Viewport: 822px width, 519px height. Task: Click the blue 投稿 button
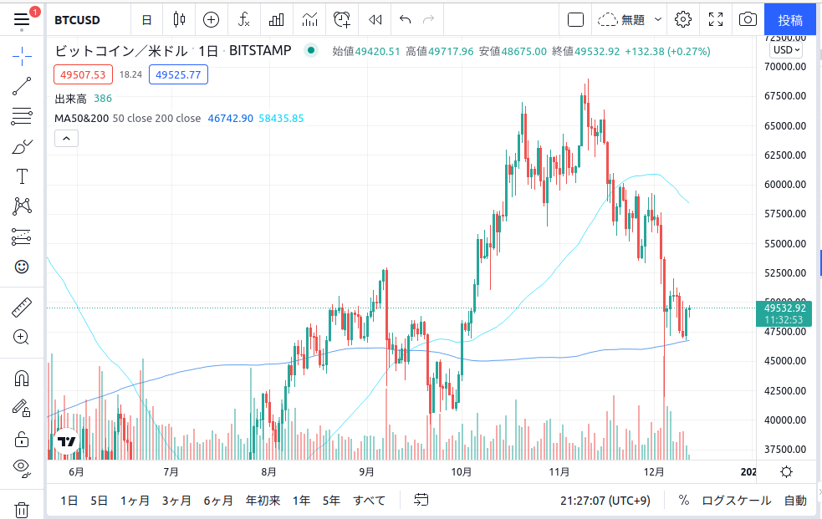790,19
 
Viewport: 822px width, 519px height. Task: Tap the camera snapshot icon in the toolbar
748,19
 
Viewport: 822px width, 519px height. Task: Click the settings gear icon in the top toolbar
683,19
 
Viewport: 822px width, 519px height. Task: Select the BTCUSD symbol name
78,19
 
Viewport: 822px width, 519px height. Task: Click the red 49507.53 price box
82,74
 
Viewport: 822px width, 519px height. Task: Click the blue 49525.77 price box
178,74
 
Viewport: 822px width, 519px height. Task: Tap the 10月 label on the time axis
462,471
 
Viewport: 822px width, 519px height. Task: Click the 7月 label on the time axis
171,471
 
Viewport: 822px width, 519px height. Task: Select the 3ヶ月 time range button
176,501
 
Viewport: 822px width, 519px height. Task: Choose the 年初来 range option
263,501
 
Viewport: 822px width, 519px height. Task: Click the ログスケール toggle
736,501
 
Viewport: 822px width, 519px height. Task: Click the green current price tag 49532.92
784,308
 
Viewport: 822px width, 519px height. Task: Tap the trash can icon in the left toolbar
22,510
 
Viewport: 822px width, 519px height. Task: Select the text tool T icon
22,176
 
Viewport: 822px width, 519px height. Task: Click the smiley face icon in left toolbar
22,267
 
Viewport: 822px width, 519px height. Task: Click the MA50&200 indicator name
81,119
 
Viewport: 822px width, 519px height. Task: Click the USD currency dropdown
786,49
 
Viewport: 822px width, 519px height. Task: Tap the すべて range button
369,501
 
